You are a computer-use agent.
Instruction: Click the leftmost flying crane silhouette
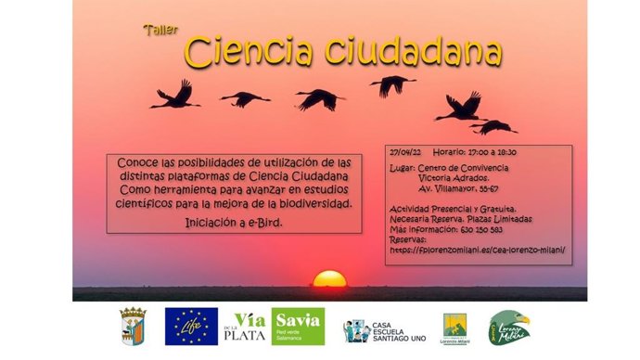(175, 95)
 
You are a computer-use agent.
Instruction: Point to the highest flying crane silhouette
(392, 84)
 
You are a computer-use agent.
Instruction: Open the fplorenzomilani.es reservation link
(478, 250)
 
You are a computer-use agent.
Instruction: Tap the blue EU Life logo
(191, 327)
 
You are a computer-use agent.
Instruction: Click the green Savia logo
(298, 327)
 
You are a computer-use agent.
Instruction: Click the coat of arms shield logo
(133, 327)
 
